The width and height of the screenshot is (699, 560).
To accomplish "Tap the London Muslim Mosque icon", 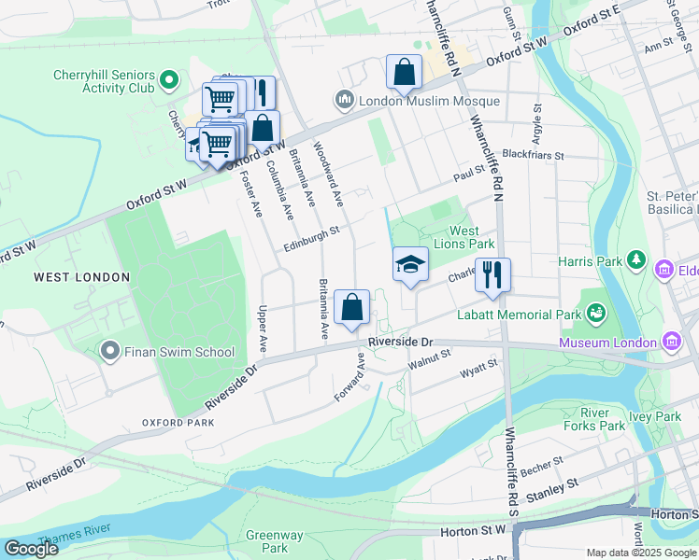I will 343,100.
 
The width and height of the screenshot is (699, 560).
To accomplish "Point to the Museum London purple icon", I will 672,343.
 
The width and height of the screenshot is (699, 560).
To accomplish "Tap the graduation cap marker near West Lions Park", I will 410,265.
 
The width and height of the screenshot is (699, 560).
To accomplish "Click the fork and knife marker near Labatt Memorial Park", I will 492,275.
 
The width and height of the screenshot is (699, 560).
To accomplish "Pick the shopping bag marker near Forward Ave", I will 352,307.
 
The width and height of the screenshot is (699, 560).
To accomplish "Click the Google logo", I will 31,549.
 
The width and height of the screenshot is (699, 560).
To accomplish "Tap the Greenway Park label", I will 274,541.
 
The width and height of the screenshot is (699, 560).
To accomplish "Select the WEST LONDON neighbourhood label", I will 68,277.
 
